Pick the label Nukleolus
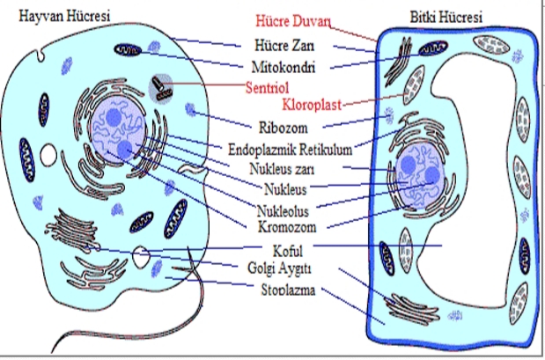pos(284,211)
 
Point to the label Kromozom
pos(285,227)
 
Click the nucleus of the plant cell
pos(417,176)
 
